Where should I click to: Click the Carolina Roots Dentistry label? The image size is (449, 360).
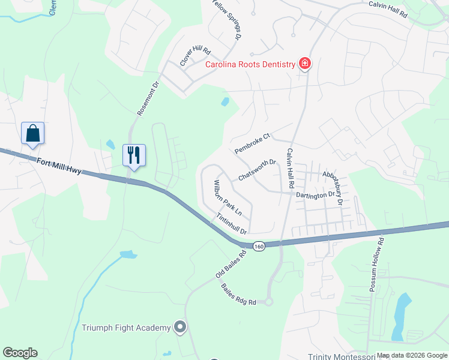[251, 64]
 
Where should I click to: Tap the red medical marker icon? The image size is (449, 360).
[305, 64]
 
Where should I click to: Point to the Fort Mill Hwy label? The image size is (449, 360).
[58, 166]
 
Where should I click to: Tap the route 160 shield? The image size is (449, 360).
[258, 246]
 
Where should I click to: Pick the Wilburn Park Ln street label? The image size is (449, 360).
[228, 197]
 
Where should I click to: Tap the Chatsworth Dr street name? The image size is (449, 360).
[257, 170]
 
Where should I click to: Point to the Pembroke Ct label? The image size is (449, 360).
[253, 143]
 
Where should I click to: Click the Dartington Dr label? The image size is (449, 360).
[315, 195]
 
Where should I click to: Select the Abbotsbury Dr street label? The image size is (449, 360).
[332, 188]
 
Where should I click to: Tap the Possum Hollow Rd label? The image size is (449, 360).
[376, 265]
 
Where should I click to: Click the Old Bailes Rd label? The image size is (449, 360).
[232, 263]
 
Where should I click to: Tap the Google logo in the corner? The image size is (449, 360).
[20, 353]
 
